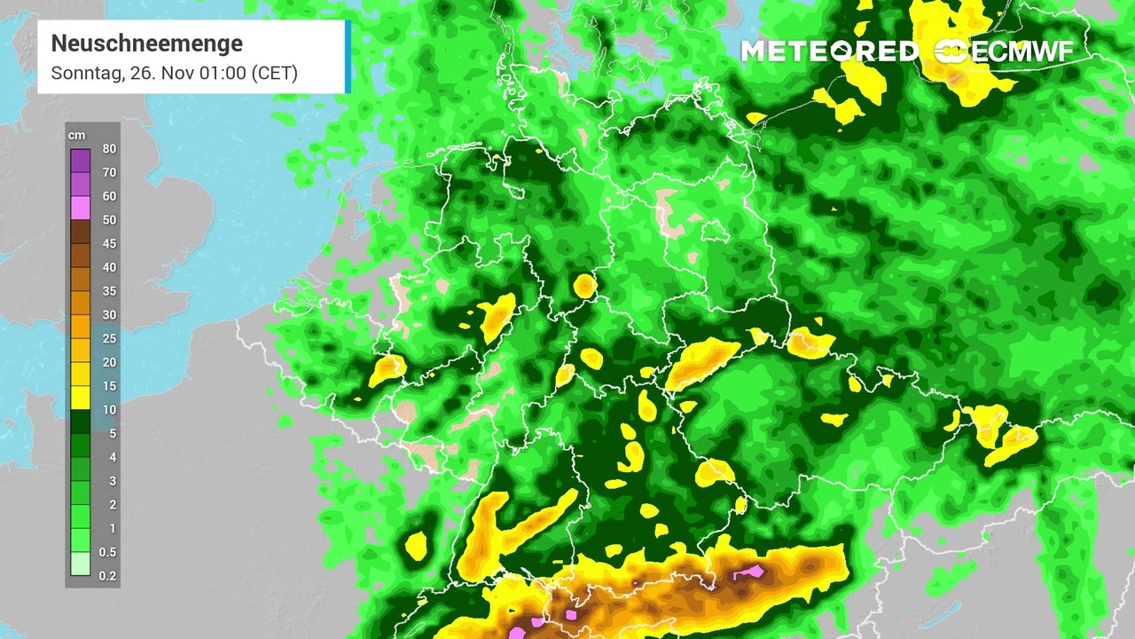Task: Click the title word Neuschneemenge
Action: click(146, 43)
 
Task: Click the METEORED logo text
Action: click(829, 51)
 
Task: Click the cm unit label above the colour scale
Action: click(77, 135)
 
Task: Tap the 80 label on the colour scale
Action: click(109, 148)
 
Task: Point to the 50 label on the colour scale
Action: click(109, 220)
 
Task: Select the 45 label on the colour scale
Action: click(109, 243)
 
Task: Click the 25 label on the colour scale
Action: click(109, 338)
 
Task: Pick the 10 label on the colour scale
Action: click(109, 410)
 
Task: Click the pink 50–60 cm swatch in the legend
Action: click(81, 208)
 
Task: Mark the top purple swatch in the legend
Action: click(81, 160)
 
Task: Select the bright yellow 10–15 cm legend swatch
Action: click(81, 398)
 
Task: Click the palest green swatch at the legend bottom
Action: click(81, 564)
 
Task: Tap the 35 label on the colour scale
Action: click(109, 291)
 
